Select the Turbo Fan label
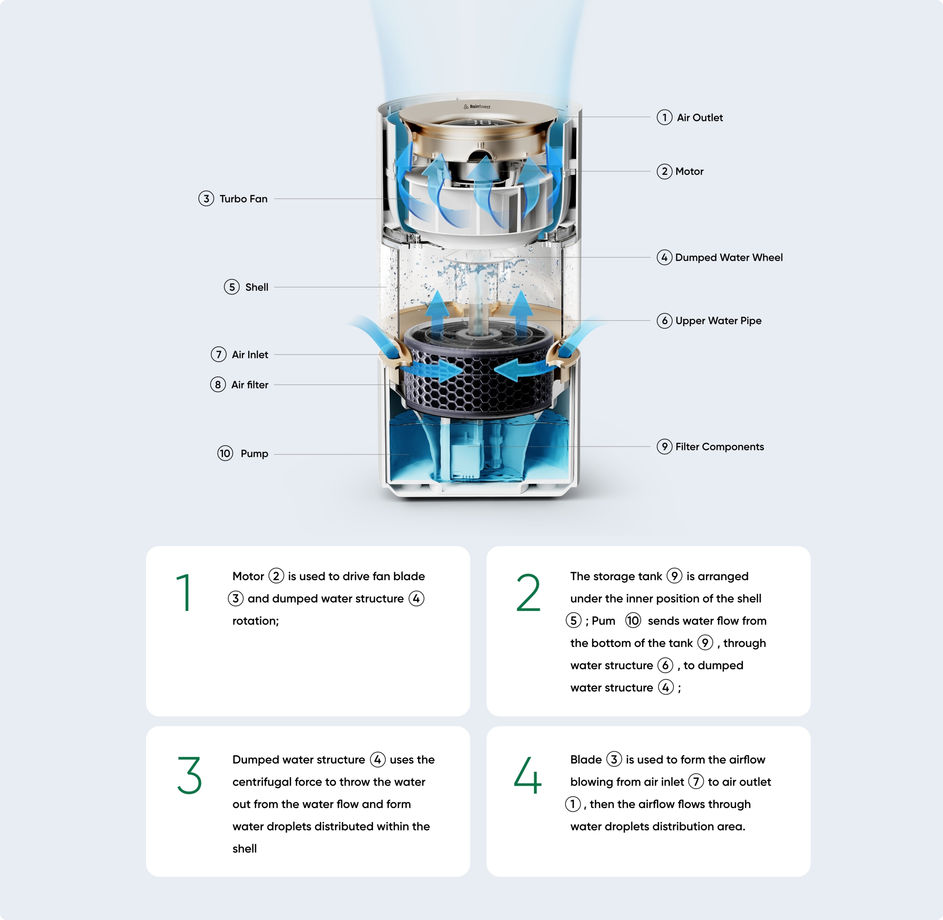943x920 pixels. coord(243,199)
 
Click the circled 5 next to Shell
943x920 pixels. coord(232,287)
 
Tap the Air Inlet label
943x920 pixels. coord(250,355)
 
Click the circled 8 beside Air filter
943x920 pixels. coord(218,384)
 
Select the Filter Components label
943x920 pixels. coord(719,446)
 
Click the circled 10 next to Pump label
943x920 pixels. coord(225,453)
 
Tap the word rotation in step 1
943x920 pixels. coord(255,621)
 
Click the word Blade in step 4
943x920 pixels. coord(585,760)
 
